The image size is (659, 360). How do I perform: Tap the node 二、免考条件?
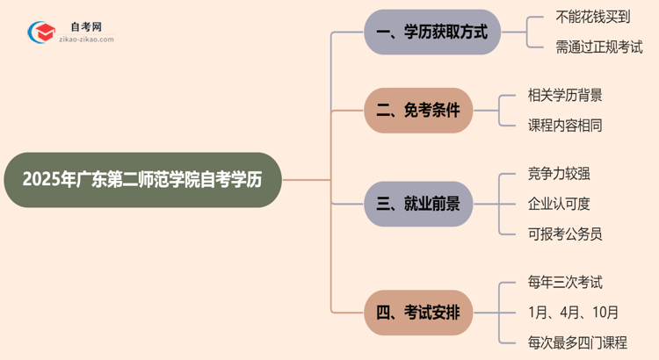tap(418, 111)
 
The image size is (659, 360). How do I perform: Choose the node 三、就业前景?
tap(418, 205)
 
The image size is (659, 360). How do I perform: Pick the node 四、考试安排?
tap(418, 312)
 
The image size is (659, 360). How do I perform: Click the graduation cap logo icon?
tap(40, 33)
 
